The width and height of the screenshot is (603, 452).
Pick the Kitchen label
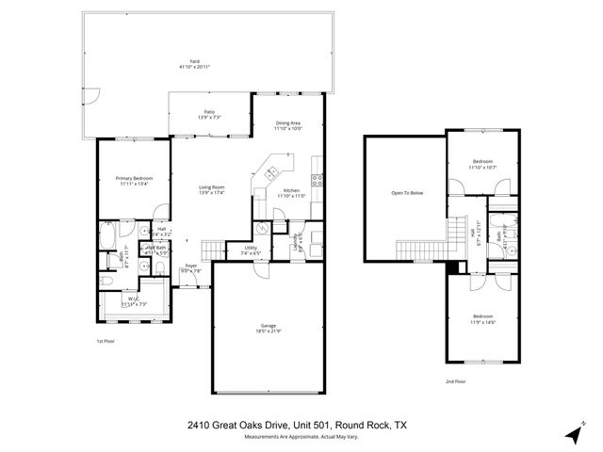(x=291, y=193)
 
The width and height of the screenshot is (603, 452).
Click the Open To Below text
(x=407, y=193)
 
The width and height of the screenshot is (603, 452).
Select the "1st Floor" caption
(x=106, y=342)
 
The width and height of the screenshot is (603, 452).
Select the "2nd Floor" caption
(x=455, y=381)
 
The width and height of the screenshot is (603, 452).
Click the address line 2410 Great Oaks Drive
(x=297, y=425)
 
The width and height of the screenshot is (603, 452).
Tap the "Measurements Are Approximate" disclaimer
(x=297, y=437)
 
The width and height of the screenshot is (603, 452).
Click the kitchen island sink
(x=272, y=173)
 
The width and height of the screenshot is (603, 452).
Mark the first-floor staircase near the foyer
(x=214, y=250)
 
